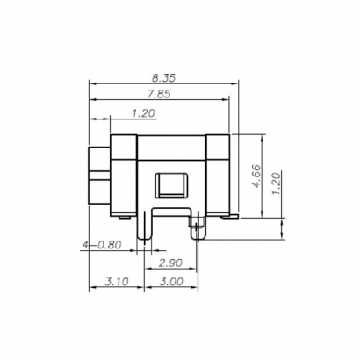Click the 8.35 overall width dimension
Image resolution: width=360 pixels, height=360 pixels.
(x=164, y=78)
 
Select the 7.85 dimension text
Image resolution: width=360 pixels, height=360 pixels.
(x=157, y=96)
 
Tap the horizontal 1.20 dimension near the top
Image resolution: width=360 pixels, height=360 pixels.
(x=143, y=113)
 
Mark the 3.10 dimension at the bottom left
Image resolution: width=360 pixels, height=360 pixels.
(x=117, y=282)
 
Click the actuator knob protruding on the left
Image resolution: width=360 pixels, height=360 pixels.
(x=98, y=176)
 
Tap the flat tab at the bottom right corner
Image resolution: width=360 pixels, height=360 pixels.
(x=233, y=215)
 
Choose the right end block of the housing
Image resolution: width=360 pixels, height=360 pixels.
(x=216, y=174)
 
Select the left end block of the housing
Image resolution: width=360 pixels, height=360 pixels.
(x=123, y=174)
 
